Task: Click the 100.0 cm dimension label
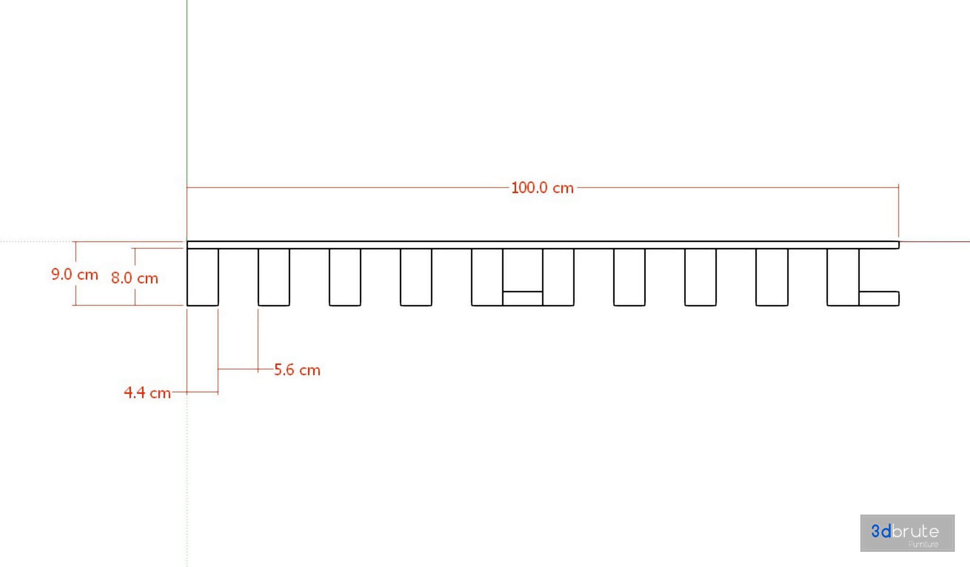(x=542, y=188)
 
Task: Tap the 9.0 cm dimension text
(x=75, y=274)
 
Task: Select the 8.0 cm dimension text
(x=135, y=278)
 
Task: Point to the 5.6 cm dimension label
(x=297, y=369)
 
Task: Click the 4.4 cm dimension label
(x=147, y=392)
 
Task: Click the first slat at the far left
(x=203, y=277)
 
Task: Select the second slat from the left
(x=274, y=277)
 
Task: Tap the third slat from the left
(x=345, y=277)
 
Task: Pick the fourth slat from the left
(x=416, y=277)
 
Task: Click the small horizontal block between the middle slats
(x=523, y=299)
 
